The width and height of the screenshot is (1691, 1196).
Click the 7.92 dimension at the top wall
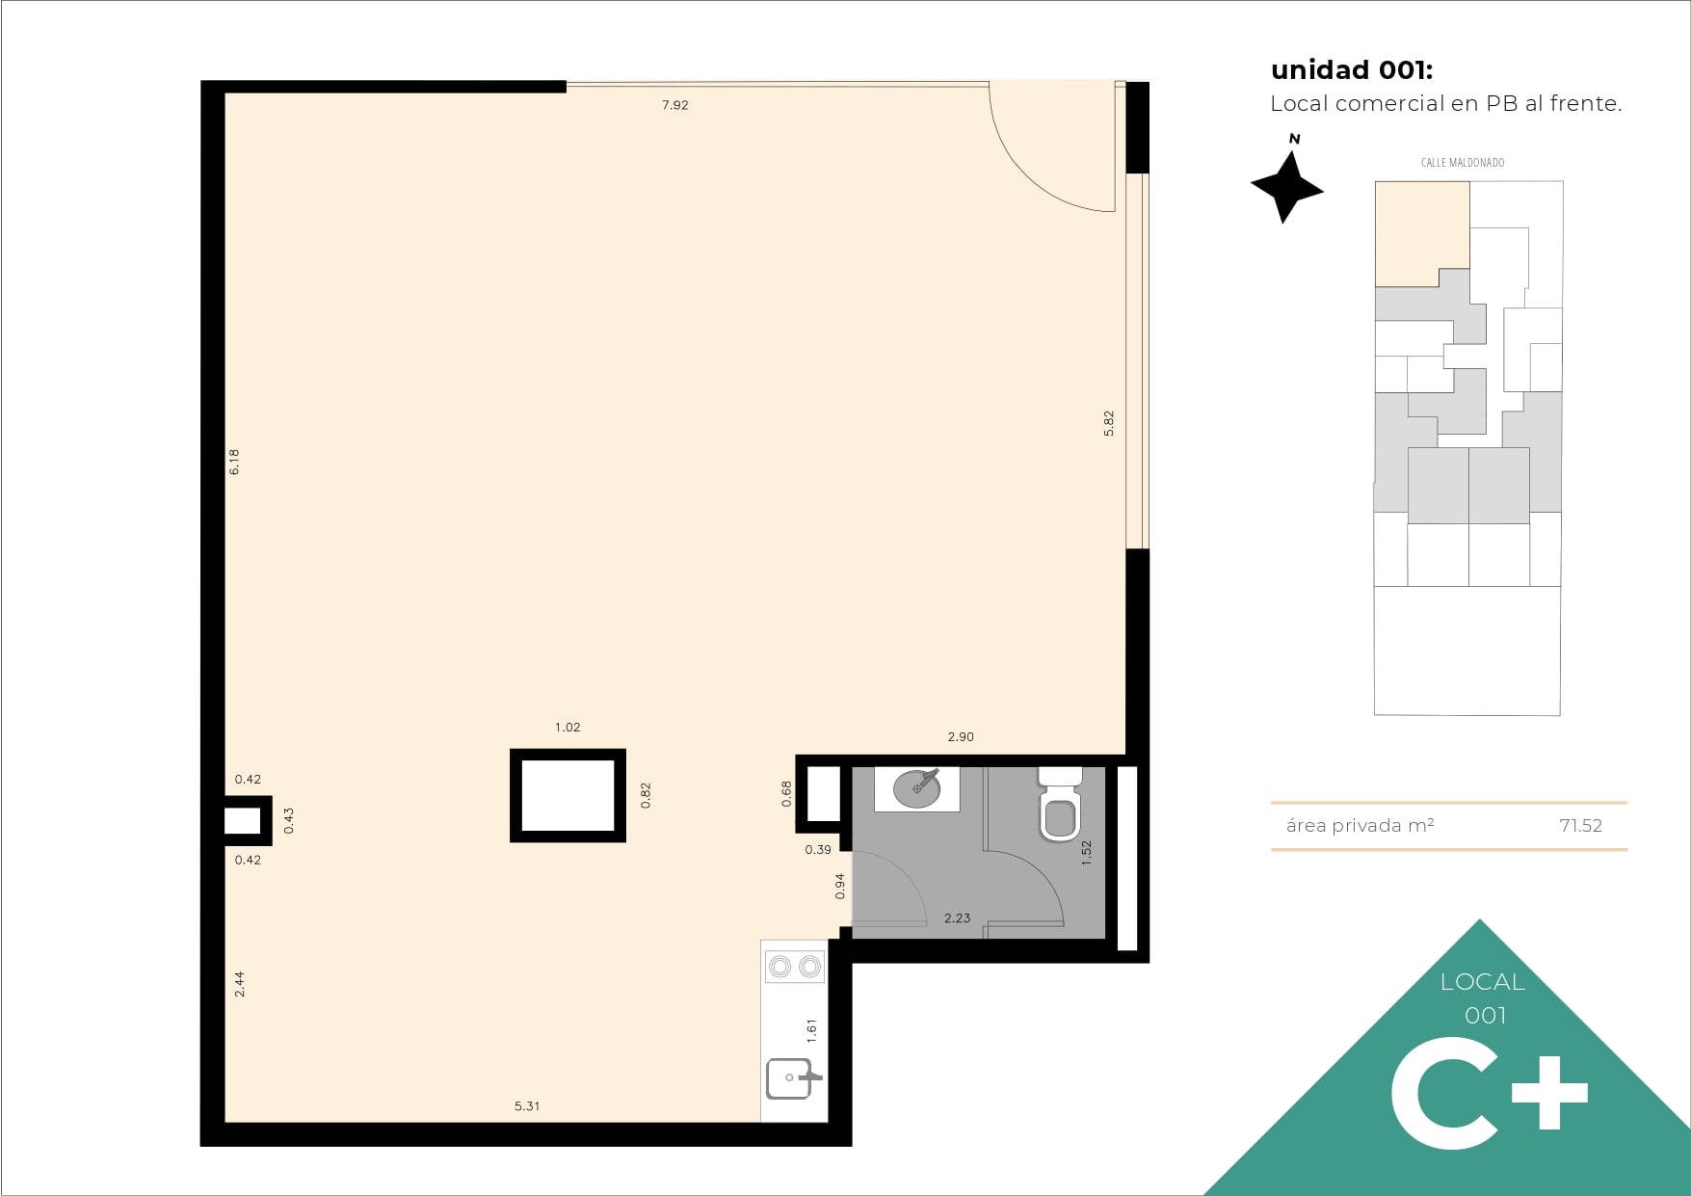point(674,105)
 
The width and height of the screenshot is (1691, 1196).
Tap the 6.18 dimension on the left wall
point(234,462)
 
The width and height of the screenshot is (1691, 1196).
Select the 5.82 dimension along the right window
point(1109,424)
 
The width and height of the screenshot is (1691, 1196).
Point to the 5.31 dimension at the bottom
point(527,1106)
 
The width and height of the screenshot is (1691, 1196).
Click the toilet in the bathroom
point(1060,804)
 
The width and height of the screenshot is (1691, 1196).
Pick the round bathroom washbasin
point(916,788)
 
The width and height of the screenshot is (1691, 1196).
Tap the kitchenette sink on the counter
point(793,1078)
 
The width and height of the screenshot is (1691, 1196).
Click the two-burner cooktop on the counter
point(795,966)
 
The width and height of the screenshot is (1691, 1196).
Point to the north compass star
point(1286,186)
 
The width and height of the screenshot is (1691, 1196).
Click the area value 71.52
point(1580,826)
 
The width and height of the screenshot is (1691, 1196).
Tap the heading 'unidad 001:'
point(1352,70)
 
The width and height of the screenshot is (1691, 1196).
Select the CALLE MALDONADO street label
point(1463,163)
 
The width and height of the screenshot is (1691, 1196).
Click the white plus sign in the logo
point(1549,1093)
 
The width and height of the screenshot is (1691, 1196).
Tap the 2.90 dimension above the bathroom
point(961,737)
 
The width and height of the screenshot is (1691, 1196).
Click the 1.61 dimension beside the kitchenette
point(811,1031)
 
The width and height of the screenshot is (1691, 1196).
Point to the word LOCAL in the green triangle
point(1483,982)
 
